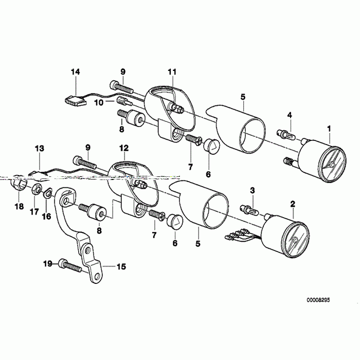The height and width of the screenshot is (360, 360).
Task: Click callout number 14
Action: (76, 72)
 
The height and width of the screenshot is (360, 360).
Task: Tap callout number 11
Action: (172, 71)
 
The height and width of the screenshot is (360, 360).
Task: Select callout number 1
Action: (330, 128)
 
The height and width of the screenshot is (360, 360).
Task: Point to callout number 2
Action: (293, 204)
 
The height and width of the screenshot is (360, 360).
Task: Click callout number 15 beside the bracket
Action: (121, 267)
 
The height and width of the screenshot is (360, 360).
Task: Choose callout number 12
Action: (124, 148)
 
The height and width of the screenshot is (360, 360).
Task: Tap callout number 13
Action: (40, 148)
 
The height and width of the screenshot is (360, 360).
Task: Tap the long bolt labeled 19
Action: (71, 266)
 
